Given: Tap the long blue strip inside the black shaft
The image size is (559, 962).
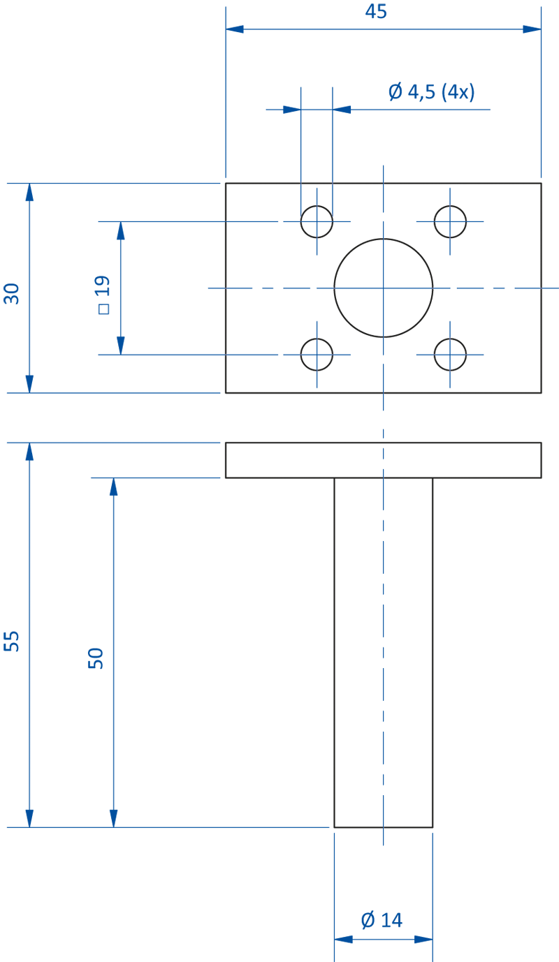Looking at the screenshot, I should pos(383,649).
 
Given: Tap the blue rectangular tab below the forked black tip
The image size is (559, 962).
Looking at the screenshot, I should pos(345,908).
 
